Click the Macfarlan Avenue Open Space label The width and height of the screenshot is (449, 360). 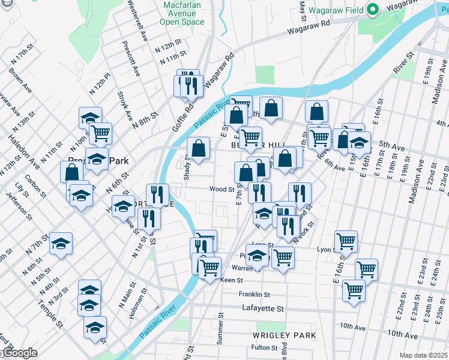pyautogui.click(x=182, y=13)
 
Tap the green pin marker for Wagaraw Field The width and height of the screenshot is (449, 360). pyautogui.click(x=372, y=9)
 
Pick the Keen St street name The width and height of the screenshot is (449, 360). pyautogui.click(x=231, y=280)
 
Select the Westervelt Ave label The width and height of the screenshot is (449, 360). pyautogui.click(x=137, y=22)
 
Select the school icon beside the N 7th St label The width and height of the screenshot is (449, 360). pyautogui.click(x=61, y=243)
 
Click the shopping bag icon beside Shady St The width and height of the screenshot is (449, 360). pyautogui.click(x=198, y=148)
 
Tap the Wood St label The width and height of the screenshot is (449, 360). pyautogui.click(x=221, y=189)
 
